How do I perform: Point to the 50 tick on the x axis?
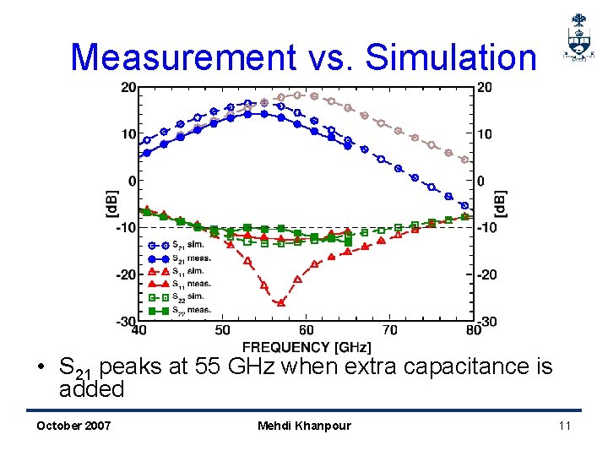pos(222,331)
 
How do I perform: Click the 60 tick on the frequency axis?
pos(306,331)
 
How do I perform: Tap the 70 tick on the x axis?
pos(389,331)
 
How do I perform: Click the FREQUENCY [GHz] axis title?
pos(306,346)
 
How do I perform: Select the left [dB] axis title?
pos(111,204)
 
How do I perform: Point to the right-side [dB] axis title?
pos(499,204)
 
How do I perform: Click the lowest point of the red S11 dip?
pos(281,302)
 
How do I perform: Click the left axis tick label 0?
pos(130,181)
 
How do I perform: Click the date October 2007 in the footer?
pos(73,425)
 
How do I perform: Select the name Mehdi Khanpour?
pos(304,425)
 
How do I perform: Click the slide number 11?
pos(564,425)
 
